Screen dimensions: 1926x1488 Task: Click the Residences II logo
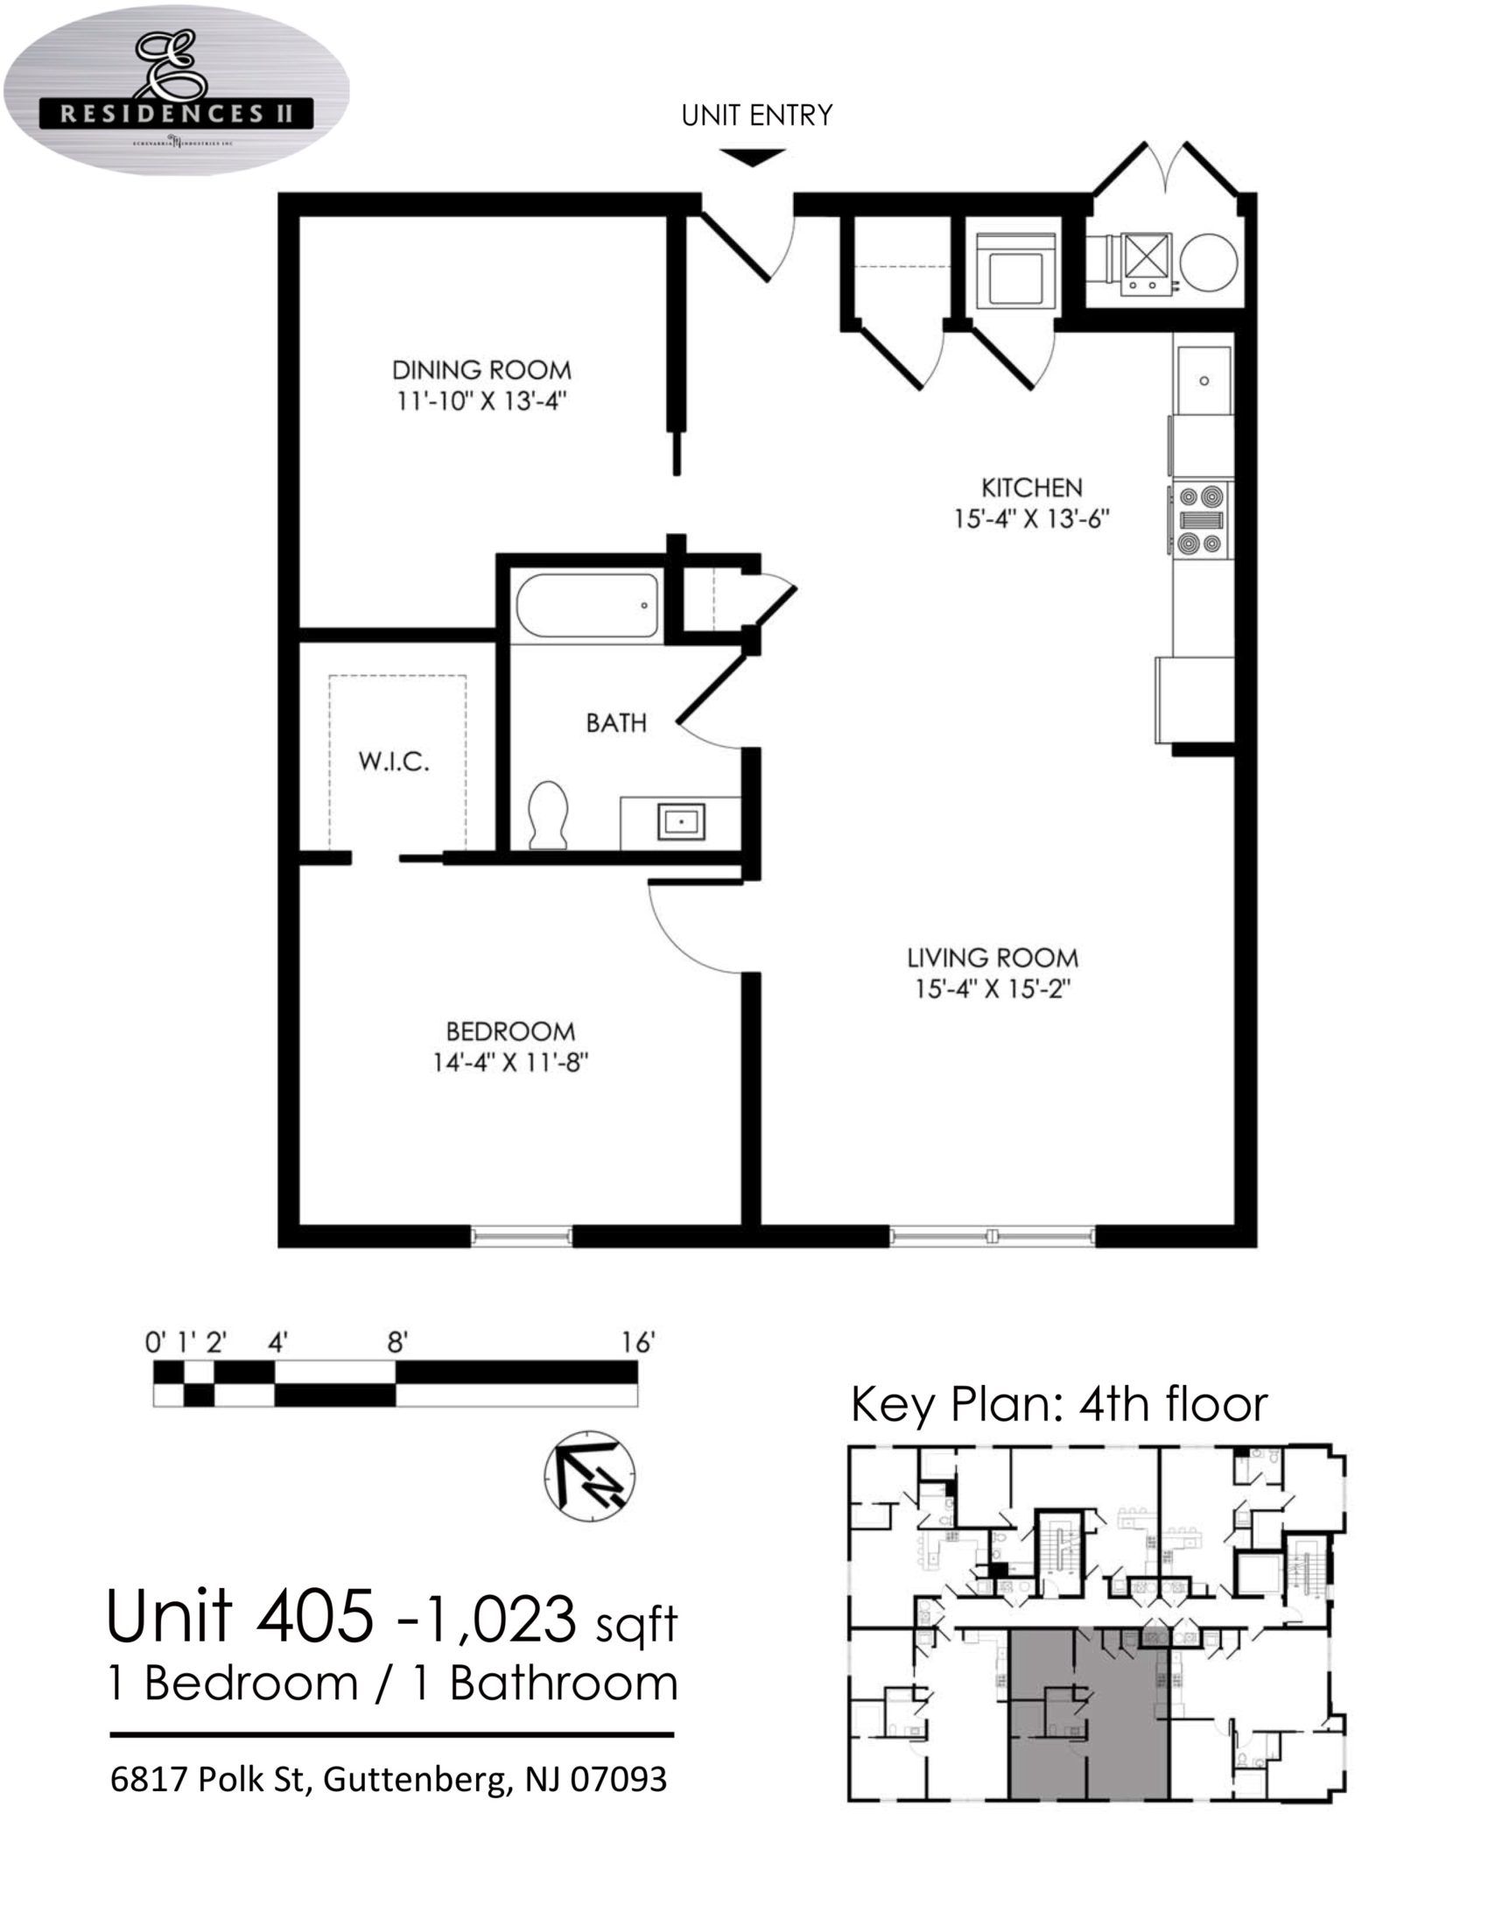[x=176, y=91]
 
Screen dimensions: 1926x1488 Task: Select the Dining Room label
[x=481, y=369]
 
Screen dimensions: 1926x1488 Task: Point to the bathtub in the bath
[x=587, y=606]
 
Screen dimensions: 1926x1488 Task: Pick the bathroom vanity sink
[x=681, y=821]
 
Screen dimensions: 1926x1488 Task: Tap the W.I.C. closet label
[x=394, y=761]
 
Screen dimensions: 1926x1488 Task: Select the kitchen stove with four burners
[x=1203, y=519]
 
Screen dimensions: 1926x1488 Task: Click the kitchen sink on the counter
[x=1204, y=380]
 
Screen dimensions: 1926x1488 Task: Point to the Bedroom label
[x=510, y=1031]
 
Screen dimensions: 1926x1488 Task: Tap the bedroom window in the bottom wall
[x=521, y=1237]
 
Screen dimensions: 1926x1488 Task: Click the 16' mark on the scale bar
[x=636, y=1342]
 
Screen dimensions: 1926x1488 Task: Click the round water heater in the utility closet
[x=1209, y=262]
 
